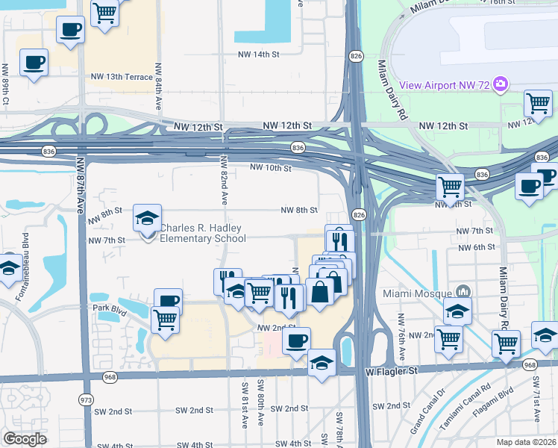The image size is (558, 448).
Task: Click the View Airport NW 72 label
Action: point(444,85)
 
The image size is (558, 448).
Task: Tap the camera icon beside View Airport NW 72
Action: point(501,84)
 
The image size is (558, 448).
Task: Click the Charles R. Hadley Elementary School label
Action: point(203,234)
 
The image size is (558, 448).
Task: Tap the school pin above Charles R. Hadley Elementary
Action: point(147,219)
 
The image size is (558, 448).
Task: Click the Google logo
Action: point(25,439)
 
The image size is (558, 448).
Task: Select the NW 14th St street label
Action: point(258,55)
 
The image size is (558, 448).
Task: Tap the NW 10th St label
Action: point(270,168)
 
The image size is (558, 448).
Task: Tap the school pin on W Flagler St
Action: point(321,364)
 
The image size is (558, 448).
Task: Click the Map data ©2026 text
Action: point(526,441)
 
